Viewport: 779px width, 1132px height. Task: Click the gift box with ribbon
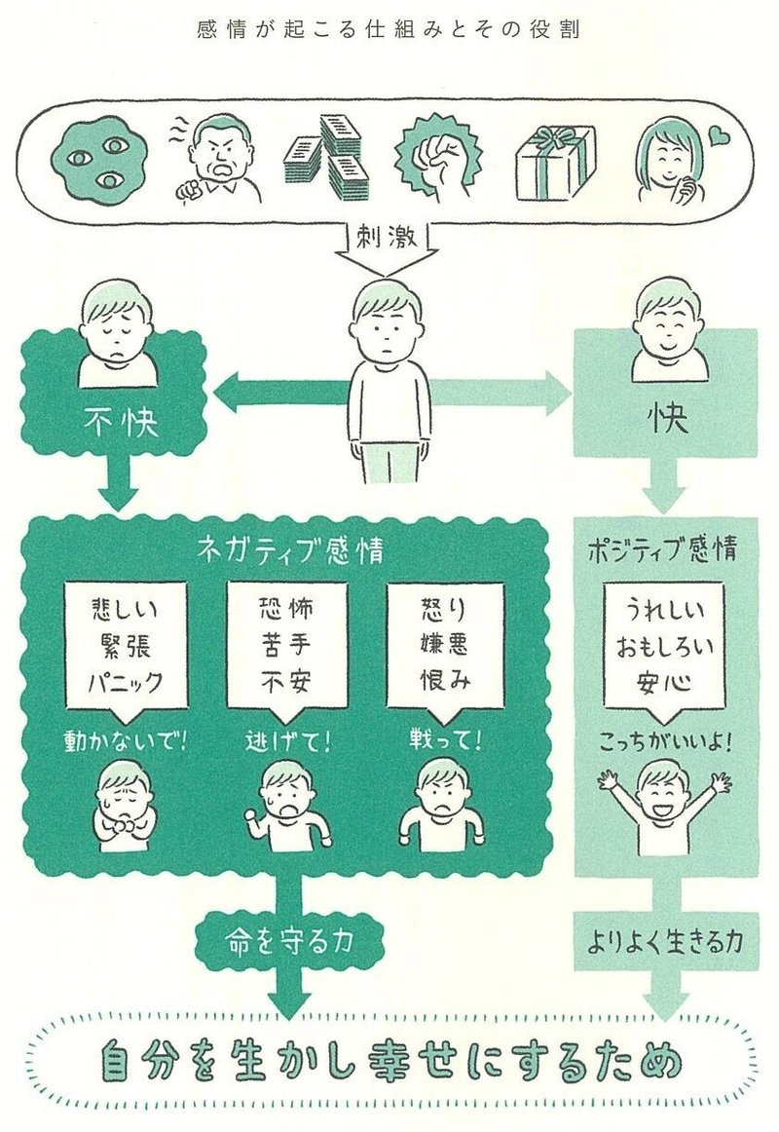(x=557, y=163)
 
